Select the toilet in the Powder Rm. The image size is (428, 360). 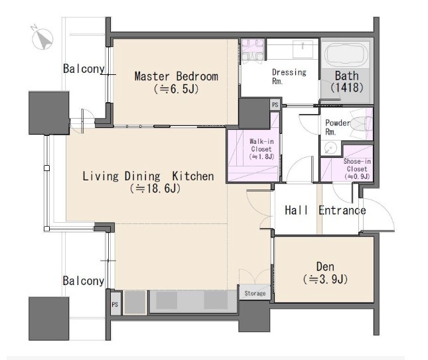(x=361, y=123)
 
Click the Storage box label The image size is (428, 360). (x=255, y=293)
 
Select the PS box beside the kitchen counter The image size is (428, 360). (x=115, y=304)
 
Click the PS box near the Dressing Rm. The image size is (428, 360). (x=275, y=105)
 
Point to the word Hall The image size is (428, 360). (x=296, y=210)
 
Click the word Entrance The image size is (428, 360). (x=342, y=210)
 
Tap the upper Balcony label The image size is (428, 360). (x=84, y=69)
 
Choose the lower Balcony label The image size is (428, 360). (x=83, y=281)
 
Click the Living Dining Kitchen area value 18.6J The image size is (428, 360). (x=155, y=189)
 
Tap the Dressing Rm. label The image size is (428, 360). (x=289, y=77)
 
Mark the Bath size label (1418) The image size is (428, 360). (x=346, y=88)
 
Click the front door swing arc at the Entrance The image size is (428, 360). (x=388, y=210)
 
